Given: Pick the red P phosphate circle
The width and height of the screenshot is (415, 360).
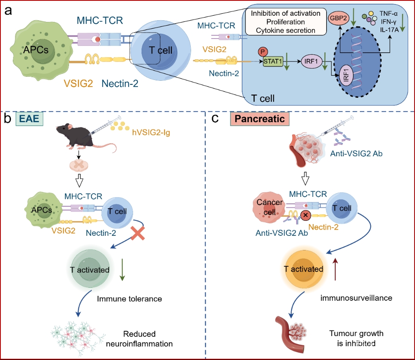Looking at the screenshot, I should pos(262,52).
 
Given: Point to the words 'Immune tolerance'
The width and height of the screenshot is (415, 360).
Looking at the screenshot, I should pos(129,299).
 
